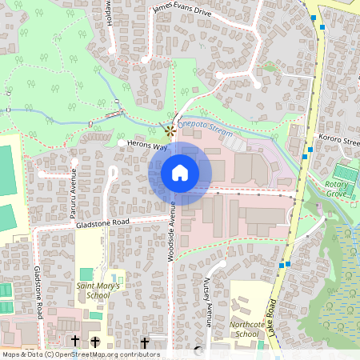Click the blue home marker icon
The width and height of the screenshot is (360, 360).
pyautogui.click(x=180, y=173)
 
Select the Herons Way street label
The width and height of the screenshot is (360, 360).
pyautogui.click(x=146, y=146)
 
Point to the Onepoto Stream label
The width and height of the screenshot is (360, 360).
pyautogui.click(x=205, y=128)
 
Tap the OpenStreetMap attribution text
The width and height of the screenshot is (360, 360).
pyautogui.click(x=80, y=354)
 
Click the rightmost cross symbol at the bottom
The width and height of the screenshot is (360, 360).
pyautogui.click(x=145, y=342)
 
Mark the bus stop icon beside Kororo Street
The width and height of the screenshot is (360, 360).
pyautogui.click(x=310, y=149)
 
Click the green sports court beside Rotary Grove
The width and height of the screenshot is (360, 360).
pyautogui.click(x=345, y=171)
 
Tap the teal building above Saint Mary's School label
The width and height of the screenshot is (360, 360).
pyautogui.click(x=86, y=274)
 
